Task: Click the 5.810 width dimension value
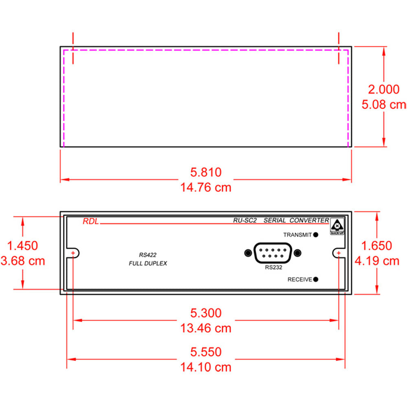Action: [x=206, y=172]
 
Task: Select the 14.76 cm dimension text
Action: [x=206, y=188]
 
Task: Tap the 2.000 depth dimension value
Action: [x=383, y=89]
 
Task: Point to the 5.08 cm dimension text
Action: [x=383, y=105]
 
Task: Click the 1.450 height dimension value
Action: [x=23, y=245]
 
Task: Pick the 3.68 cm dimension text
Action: [x=23, y=261]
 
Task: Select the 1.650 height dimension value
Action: [x=377, y=245]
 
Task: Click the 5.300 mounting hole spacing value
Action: [x=206, y=313]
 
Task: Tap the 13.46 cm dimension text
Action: [x=206, y=328]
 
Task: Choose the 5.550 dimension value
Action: [x=206, y=352]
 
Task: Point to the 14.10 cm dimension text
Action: [x=206, y=367]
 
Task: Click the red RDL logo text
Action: [x=90, y=222]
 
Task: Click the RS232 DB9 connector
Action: [x=273, y=253]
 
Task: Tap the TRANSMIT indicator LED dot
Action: [x=316, y=235]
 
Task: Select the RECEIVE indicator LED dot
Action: [x=316, y=279]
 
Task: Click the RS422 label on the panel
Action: [x=147, y=255]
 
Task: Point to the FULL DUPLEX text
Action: [x=147, y=264]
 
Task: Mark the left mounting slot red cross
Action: [x=73, y=253]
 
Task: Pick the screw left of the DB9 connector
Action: [x=247, y=253]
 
